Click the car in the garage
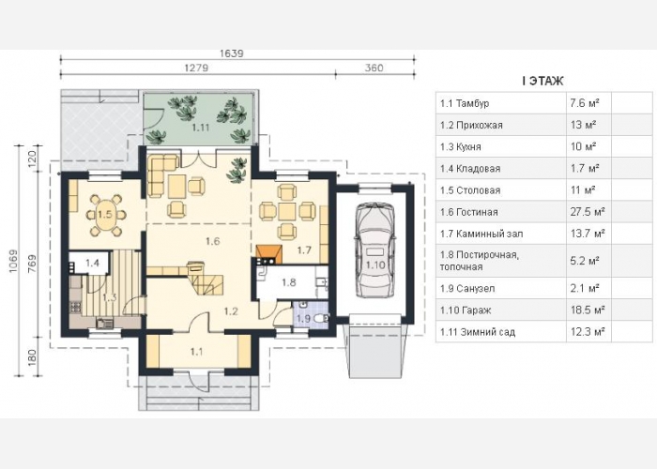point(375,250)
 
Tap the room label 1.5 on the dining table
point(105,215)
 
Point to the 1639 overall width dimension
point(231,54)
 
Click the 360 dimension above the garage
point(374,68)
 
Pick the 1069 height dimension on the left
point(14,262)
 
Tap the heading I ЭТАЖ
point(542,81)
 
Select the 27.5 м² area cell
point(588,212)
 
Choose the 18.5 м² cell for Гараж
point(588,310)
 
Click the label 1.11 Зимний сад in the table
point(478,332)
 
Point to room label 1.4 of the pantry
point(92,263)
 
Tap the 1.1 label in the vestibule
point(196,352)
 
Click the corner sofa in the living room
point(162,175)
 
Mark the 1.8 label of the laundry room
point(289,282)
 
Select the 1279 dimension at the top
point(196,68)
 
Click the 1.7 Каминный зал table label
point(481,234)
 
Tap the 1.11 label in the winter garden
point(200,128)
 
